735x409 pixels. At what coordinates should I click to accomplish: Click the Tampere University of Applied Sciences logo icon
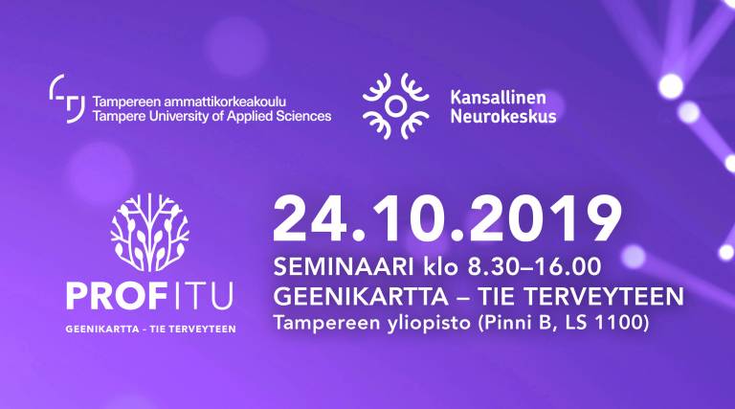click(x=67, y=99)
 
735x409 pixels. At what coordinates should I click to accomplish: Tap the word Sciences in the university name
click(x=303, y=116)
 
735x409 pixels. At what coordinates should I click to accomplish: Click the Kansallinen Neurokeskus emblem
click(x=395, y=106)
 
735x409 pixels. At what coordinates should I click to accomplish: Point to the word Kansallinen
click(x=498, y=98)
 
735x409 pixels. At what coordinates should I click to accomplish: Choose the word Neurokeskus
click(x=503, y=116)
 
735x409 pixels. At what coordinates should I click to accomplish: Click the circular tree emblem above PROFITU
click(x=150, y=233)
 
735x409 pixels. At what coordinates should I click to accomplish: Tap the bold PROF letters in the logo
click(x=118, y=295)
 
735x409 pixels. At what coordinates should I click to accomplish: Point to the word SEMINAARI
click(x=344, y=267)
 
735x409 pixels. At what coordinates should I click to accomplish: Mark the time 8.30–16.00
click(x=534, y=267)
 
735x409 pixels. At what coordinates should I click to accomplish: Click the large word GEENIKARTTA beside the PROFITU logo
click(x=361, y=296)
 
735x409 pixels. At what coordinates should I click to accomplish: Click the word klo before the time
click(x=441, y=267)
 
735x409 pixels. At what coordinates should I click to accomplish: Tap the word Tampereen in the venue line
click(x=326, y=324)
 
